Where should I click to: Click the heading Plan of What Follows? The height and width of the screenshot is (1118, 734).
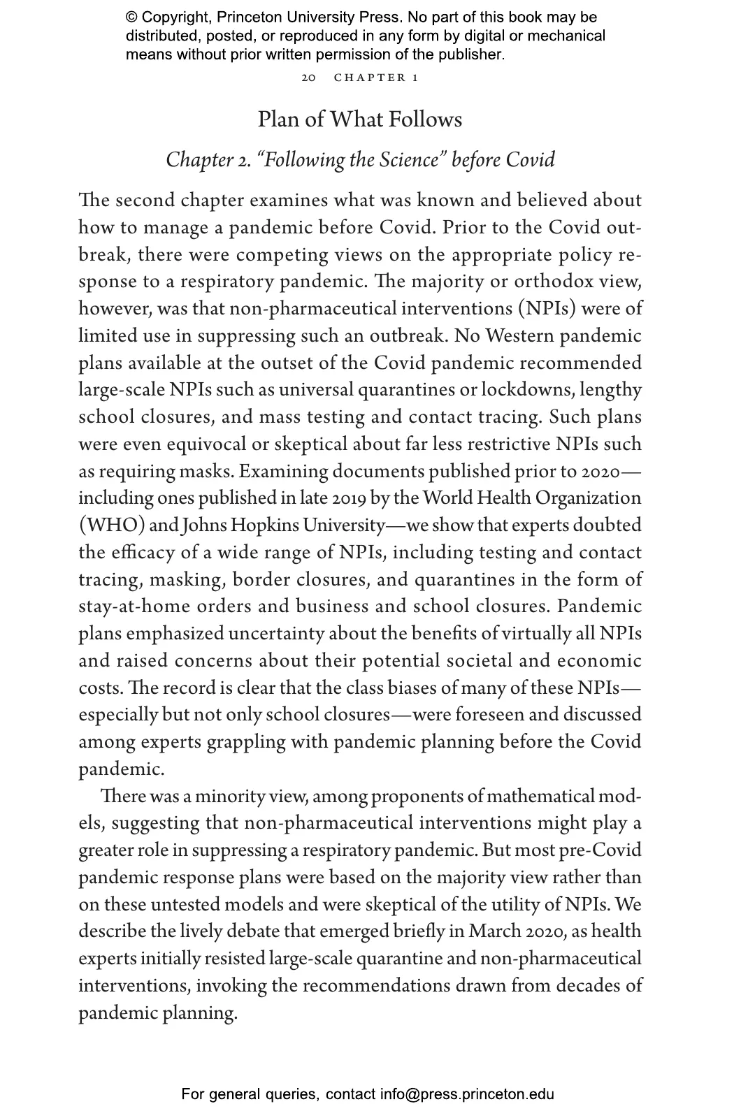coord(359,119)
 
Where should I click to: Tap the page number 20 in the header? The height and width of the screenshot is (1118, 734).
coord(308,78)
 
